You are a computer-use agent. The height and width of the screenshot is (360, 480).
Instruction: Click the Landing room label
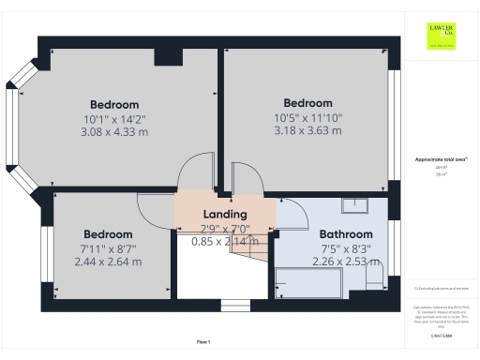(x=225, y=215)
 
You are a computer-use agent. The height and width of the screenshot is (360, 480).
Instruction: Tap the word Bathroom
(x=346, y=234)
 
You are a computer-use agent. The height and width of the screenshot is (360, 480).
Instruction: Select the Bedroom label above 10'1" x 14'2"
(x=114, y=104)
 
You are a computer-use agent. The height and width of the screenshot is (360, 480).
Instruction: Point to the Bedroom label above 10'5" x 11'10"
(x=308, y=102)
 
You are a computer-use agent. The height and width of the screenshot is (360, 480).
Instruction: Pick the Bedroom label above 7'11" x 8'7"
(x=108, y=234)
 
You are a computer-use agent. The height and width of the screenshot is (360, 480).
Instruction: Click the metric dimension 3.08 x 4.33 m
(x=114, y=132)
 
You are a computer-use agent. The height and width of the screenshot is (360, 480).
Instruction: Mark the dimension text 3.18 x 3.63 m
(x=308, y=130)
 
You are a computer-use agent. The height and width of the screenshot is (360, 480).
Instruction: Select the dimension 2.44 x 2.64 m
(x=108, y=262)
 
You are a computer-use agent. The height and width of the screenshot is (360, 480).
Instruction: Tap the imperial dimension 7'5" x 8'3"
(x=346, y=248)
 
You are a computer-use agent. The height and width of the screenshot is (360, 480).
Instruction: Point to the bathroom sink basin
(x=356, y=207)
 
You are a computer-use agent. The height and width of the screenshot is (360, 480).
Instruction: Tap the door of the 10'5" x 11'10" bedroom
(x=246, y=177)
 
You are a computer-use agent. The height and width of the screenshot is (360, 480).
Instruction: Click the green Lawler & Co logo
(x=441, y=35)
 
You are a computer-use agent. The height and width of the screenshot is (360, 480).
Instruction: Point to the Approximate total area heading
(x=441, y=160)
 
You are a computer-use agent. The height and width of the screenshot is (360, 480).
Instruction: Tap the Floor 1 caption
(x=203, y=341)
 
